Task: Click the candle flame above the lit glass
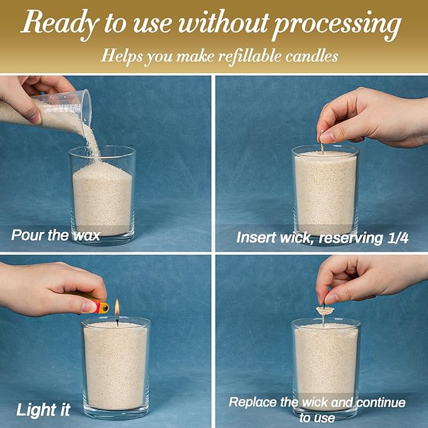[117, 308]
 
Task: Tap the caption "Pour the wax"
[55, 235]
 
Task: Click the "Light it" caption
[43, 410]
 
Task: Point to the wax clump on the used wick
[325, 309]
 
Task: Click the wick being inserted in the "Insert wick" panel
[322, 142]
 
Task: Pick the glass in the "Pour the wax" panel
[102, 195]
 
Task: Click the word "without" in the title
[223, 21]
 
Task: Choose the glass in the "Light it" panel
[116, 368]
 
